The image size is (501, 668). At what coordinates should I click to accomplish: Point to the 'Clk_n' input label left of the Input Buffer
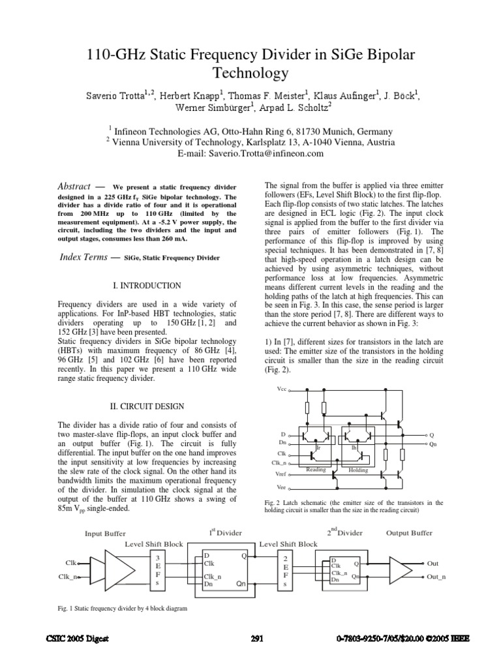68,577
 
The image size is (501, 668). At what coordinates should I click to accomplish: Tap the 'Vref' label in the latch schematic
281,474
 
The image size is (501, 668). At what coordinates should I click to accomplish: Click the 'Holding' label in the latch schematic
358,470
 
